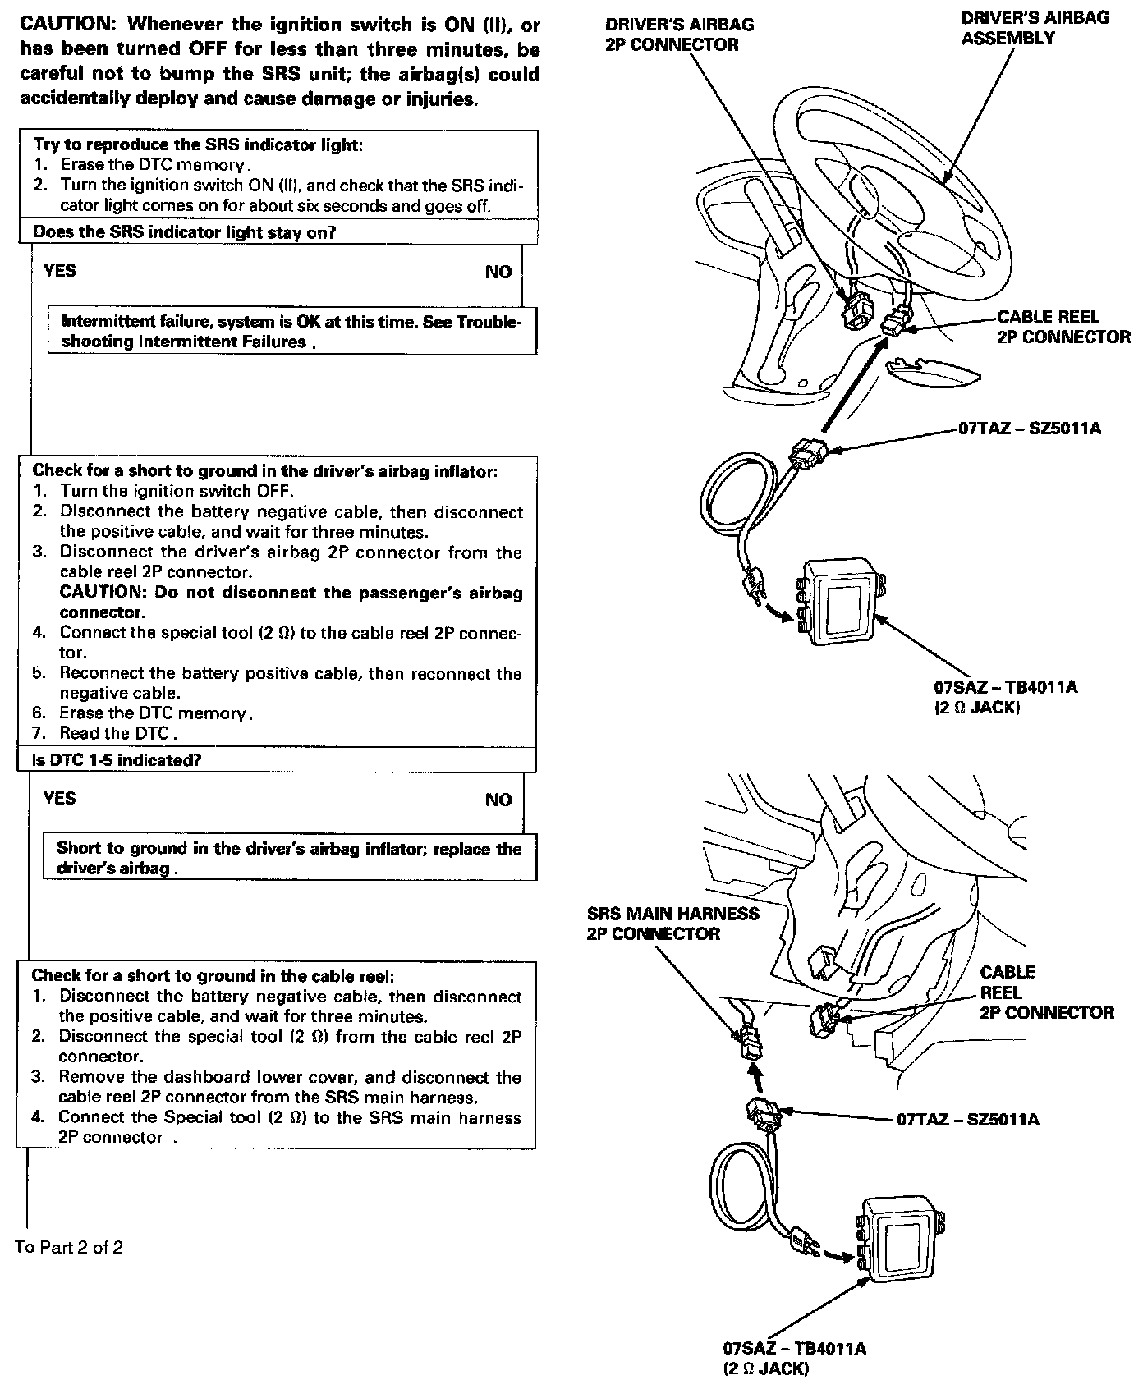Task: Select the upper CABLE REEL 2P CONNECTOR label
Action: (x=1063, y=327)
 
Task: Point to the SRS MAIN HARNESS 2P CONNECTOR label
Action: (x=672, y=924)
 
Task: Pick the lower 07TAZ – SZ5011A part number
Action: (x=967, y=1120)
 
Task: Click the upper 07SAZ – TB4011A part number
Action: (x=1005, y=687)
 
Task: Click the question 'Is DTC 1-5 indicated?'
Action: (x=117, y=760)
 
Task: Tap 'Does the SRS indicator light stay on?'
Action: (x=185, y=232)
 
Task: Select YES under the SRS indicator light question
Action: (x=60, y=271)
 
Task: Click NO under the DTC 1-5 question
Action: (x=498, y=800)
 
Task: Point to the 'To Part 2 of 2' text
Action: (x=69, y=1247)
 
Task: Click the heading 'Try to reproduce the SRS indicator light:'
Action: (x=198, y=144)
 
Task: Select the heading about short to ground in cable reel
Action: (x=213, y=975)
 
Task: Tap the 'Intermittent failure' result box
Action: (x=291, y=332)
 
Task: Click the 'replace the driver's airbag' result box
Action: (x=289, y=858)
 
